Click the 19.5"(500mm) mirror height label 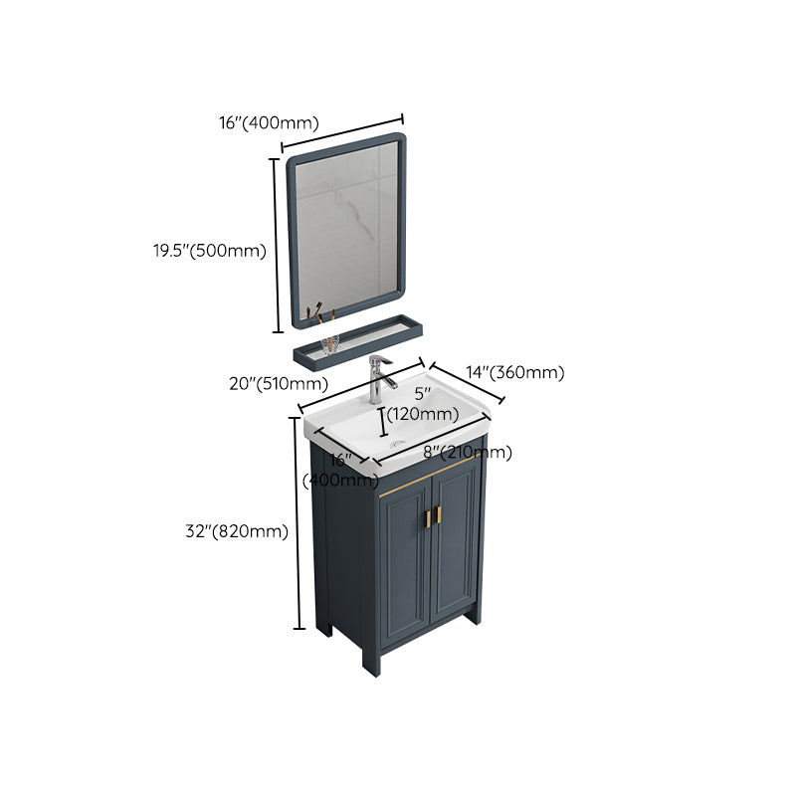click(x=203, y=251)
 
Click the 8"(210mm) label click(x=468, y=453)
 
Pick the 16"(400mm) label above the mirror click(x=269, y=123)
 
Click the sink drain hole click(x=399, y=438)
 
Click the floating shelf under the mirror click(x=357, y=339)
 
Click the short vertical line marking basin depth click(x=383, y=421)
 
